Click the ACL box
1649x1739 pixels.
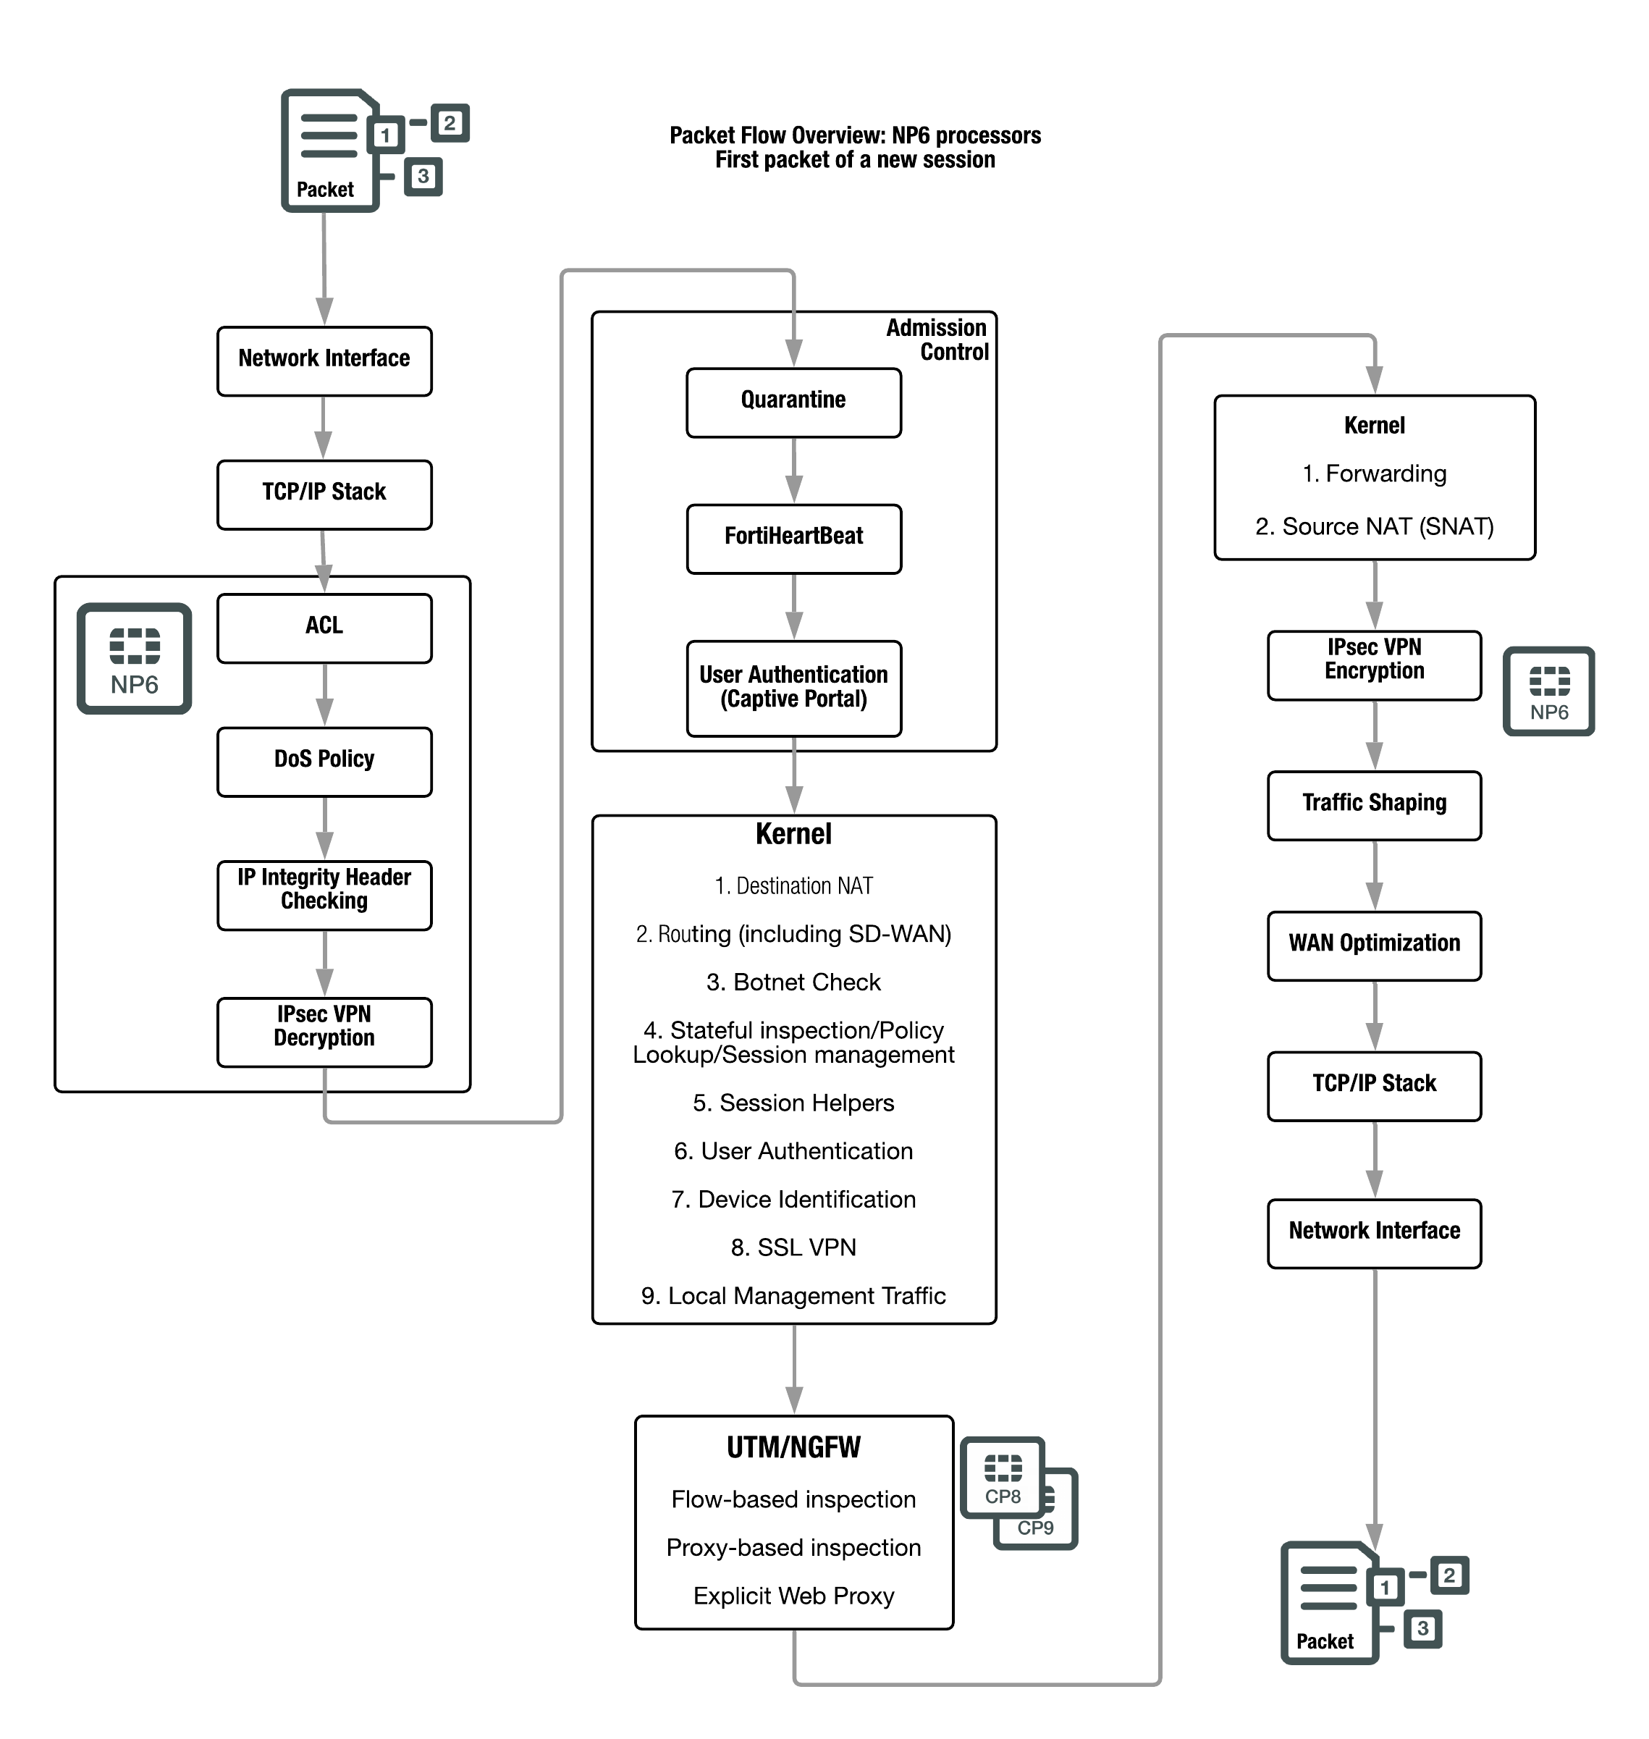coord(324,628)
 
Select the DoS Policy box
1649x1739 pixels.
coord(324,762)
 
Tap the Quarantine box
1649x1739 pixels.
coord(793,402)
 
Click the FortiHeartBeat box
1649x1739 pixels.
coord(793,538)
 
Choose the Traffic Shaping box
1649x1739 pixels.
coord(1374,805)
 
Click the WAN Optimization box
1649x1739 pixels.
coord(1374,945)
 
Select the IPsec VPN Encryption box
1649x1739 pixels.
coord(1374,665)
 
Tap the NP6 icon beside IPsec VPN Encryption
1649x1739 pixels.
coord(1549,691)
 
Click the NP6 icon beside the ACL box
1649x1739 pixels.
coord(135,657)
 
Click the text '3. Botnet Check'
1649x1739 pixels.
coord(793,982)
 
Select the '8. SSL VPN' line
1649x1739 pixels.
coord(793,1247)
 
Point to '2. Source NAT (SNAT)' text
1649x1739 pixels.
coord(1374,526)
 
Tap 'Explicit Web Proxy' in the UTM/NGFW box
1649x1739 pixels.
coord(793,1595)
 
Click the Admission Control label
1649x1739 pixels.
coord(937,340)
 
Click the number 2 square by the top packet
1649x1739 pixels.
coord(449,123)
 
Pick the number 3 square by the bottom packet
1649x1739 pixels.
coord(1422,1628)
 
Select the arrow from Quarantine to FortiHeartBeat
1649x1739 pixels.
coord(793,471)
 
